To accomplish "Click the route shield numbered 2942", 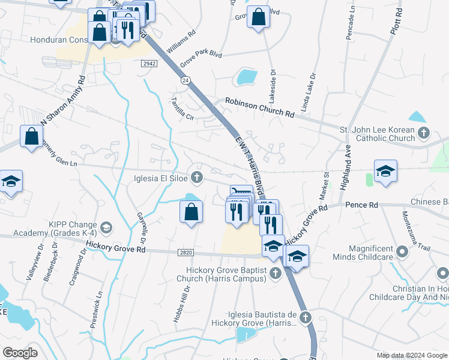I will click(149, 63).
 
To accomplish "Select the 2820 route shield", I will click(185, 253).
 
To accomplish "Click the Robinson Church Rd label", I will click(259, 107).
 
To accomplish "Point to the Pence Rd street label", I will click(361, 205).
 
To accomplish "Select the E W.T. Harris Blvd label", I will click(249, 169).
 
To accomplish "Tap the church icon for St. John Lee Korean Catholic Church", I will click(423, 133).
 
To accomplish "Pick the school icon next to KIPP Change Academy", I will click(106, 227).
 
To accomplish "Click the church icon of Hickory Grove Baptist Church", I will click(275, 274).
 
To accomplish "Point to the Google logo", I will click(20, 352).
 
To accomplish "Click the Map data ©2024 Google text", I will click(411, 354).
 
